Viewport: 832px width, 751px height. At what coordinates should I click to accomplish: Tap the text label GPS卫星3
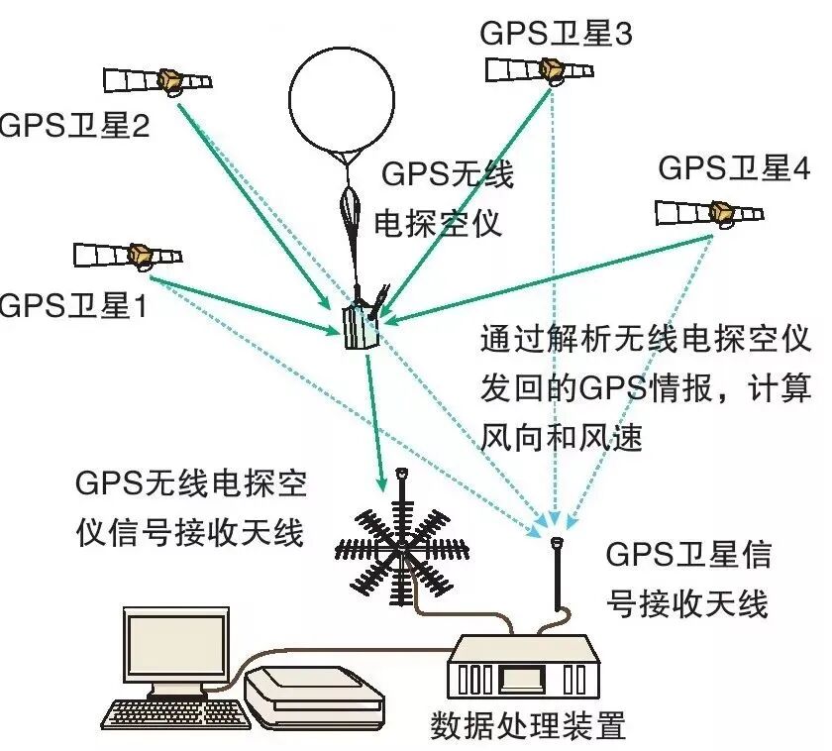coord(556,32)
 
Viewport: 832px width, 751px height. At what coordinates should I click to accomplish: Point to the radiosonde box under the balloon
coord(359,325)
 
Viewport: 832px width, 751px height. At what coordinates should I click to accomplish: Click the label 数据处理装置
coord(528,727)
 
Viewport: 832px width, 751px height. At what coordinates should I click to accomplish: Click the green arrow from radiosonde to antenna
coord(375,416)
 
